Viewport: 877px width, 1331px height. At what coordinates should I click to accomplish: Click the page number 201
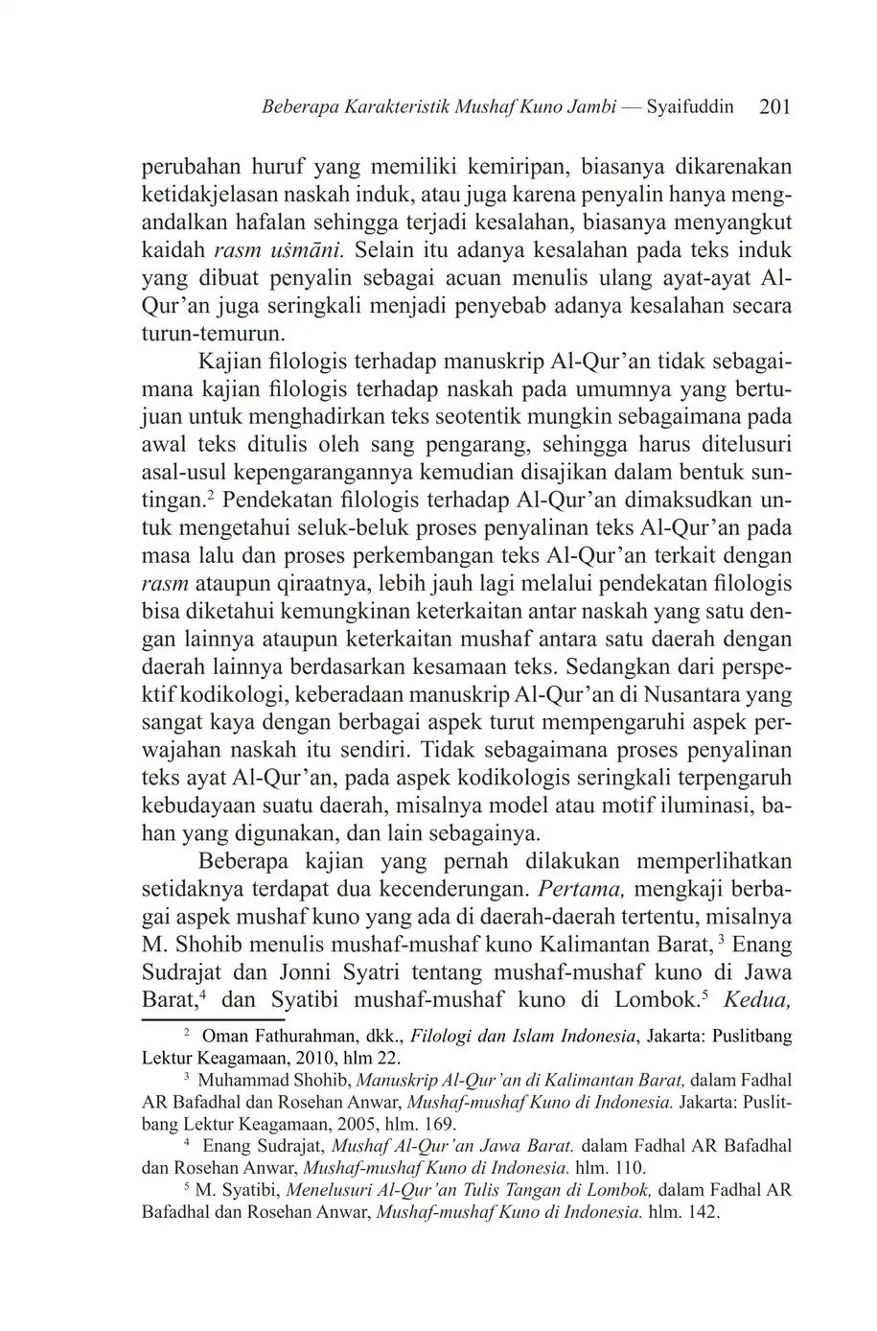tap(773, 107)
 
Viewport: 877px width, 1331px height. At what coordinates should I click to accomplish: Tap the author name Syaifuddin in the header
tap(690, 107)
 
